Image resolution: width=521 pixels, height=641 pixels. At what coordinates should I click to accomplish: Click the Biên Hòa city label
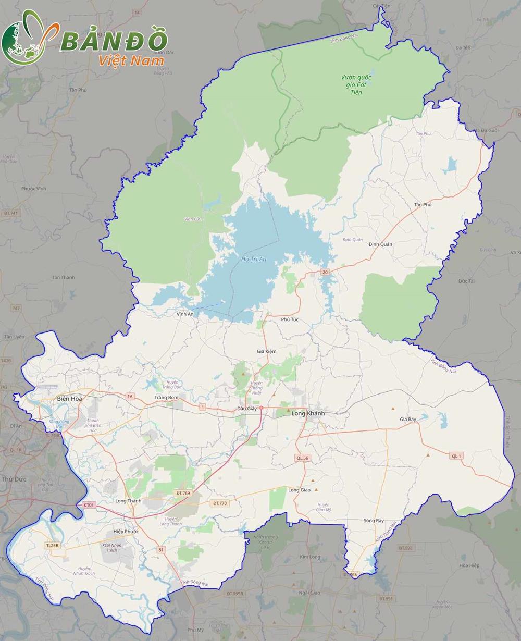(x=69, y=399)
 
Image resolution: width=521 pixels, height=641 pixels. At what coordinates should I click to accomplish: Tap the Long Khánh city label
(x=308, y=413)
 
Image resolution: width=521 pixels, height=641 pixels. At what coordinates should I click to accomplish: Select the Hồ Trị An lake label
(x=254, y=259)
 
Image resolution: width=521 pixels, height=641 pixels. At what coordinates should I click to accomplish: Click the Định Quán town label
(x=380, y=244)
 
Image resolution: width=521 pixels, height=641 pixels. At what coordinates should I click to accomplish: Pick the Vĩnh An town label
(x=185, y=314)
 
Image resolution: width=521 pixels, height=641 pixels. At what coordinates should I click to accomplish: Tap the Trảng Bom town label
(x=166, y=398)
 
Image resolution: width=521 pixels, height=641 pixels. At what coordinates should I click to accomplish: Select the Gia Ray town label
(x=408, y=419)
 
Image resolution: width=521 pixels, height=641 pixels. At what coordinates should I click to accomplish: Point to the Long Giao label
(x=299, y=490)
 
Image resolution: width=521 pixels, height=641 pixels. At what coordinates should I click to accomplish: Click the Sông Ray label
(x=374, y=521)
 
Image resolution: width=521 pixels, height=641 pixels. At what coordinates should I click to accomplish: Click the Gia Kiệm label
(x=267, y=351)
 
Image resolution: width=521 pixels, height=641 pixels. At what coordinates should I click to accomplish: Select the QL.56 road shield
(x=302, y=458)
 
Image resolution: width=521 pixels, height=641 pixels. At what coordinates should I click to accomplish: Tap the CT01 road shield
(x=89, y=505)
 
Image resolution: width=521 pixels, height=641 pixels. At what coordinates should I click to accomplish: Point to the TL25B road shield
(x=53, y=545)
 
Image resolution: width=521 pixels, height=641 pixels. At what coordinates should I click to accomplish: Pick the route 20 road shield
(x=325, y=272)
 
